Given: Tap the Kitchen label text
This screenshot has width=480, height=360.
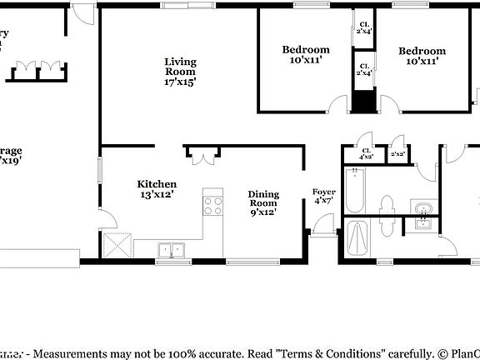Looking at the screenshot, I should (x=157, y=190).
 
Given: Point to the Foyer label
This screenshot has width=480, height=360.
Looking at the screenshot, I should (x=323, y=197).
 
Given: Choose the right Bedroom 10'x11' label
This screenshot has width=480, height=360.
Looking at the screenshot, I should (x=425, y=55).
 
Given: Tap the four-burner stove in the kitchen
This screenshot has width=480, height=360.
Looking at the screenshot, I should (x=213, y=205).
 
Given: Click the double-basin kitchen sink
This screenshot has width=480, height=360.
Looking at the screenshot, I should (x=173, y=249).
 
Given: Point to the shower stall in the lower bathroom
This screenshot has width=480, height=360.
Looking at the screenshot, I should (x=357, y=240).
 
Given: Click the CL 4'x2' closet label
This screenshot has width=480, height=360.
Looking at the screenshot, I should (x=366, y=153).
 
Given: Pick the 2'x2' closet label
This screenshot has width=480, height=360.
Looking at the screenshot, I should (x=398, y=153).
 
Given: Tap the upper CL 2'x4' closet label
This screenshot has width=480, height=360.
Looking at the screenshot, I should (x=364, y=27).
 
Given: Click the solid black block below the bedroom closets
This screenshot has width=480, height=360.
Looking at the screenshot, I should (x=363, y=97).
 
